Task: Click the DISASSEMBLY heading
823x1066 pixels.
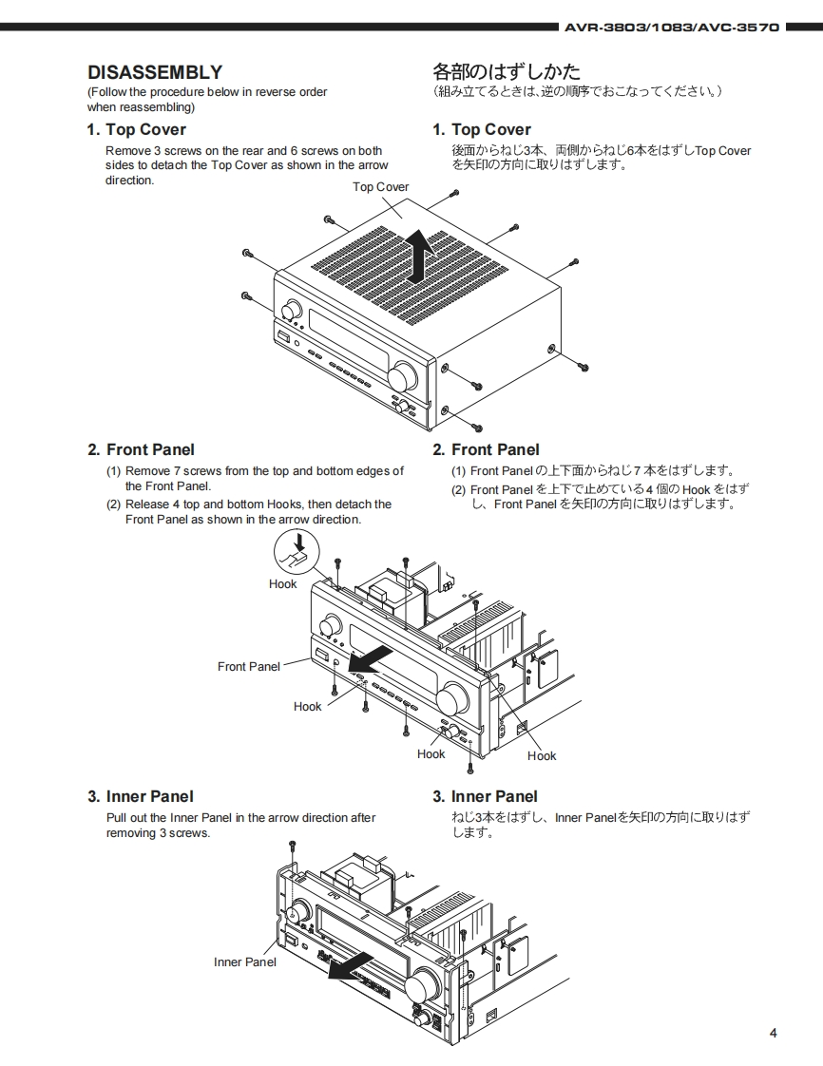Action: click(x=155, y=72)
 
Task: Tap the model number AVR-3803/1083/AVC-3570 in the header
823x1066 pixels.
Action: click(x=671, y=28)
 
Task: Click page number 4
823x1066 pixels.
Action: click(x=773, y=1034)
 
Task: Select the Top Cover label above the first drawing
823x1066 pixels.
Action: click(x=380, y=187)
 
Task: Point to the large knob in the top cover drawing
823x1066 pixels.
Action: click(x=403, y=377)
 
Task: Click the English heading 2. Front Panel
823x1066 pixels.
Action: click(x=141, y=450)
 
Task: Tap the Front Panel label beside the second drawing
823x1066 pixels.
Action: click(x=249, y=667)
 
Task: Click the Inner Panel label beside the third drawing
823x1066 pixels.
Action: click(x=245, y=962)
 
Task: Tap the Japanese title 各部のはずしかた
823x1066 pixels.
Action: click(x=507, y=72)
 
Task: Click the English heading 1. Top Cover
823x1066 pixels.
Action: click(x=137, y=130)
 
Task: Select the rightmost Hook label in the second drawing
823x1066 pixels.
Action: click(x=542, y=756)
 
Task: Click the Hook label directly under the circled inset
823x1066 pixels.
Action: click(x=282, y=584)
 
